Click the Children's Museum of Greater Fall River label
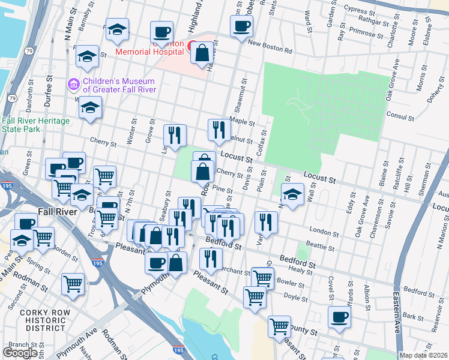pyautogui.click(x=119, y=85)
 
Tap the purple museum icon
pyautogui.click(x=74, y=83)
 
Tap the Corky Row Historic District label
pyautogui.click(x=42, y=320)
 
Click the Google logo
pyautogui.click(x=20, y=353)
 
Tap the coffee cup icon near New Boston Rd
pyautogui.click(x=241, y=26)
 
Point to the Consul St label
pyautogui.click(x=397, y=113)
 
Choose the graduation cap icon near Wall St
pyautogui.click(x=292, y=195)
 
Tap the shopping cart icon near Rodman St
pyautogui.click(x=73, y=283)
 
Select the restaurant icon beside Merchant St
pyautogui.click(x=211, y=259)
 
